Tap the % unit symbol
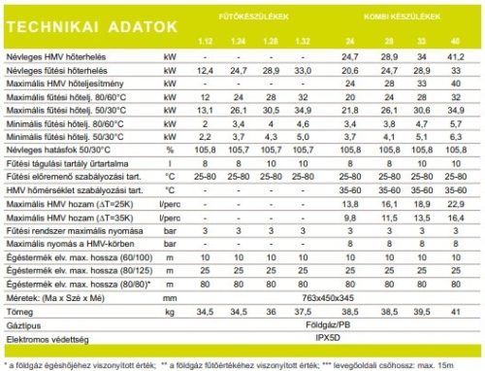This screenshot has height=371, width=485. point(168,152)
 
